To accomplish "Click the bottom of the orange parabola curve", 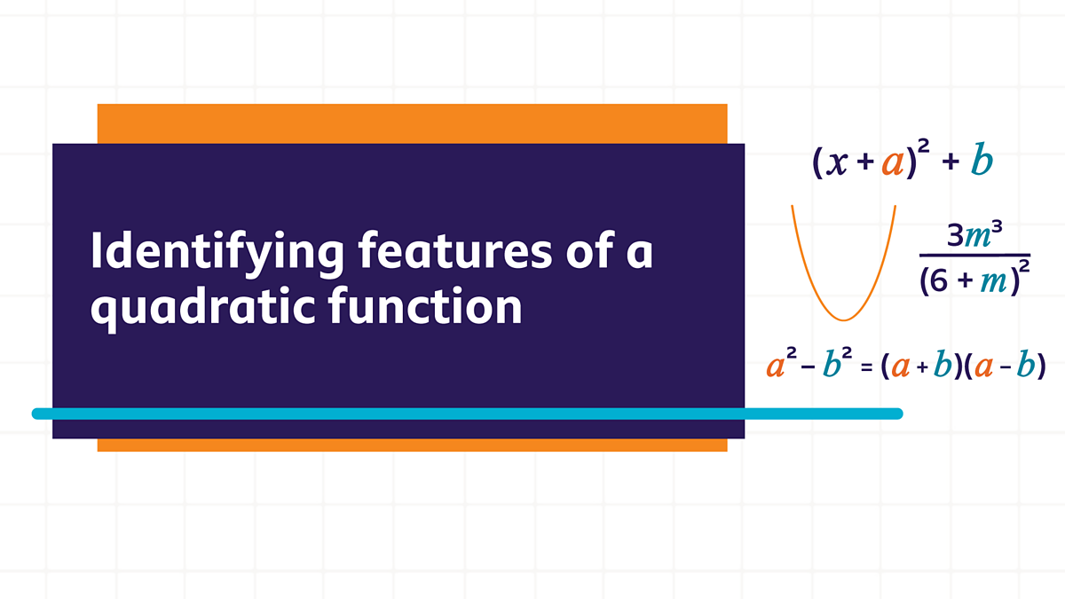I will click(x=843, y=319).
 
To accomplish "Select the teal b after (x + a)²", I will click(x=981, y=162).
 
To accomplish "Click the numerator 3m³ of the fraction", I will click(x=972, y=236).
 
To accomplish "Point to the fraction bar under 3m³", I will click(x=973, y=256).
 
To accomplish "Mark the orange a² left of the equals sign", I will click(x=779, y=364).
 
